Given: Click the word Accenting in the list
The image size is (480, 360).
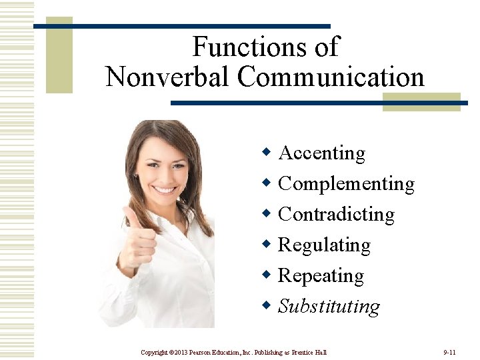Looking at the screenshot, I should pos(321,153).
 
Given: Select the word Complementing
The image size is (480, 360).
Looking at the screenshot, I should pos(346,184).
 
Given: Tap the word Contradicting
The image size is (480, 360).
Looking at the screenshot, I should pos(336,215).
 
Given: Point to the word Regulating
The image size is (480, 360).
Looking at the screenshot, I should pos(324,245).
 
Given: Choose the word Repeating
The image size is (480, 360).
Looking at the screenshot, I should pos(321,276).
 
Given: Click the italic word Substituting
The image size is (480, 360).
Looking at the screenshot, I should pos(329,307).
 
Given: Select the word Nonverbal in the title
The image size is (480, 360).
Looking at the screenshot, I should pos(167,77).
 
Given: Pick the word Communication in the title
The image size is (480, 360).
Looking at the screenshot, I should pos(331,77).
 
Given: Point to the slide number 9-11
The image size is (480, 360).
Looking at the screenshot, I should pos(449,351).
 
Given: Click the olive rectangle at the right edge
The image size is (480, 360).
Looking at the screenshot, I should pos(421,101).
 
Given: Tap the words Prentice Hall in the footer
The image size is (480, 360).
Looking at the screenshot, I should pos(308,351).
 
